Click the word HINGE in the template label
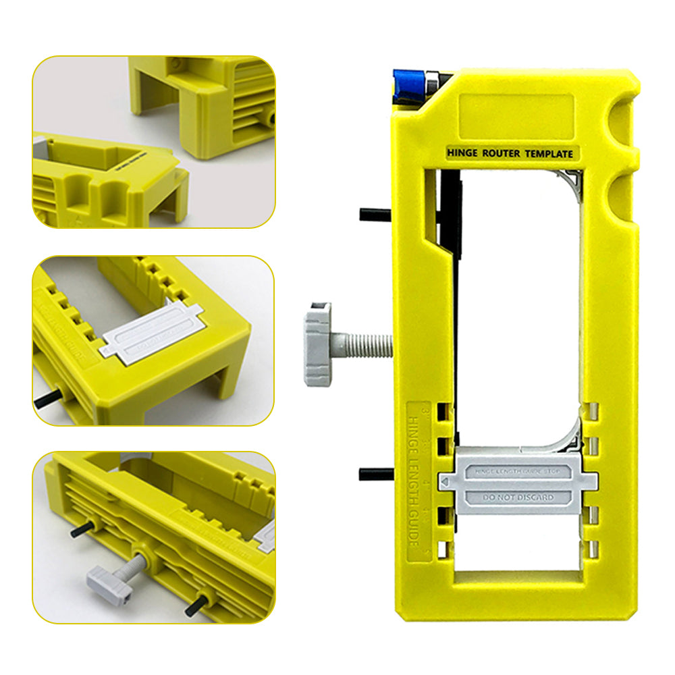tap(461, 154)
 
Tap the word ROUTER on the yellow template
tap(500, 154)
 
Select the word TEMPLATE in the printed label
tap(548, 154)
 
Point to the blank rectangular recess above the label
tap(516, 114)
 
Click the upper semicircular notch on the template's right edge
tap(624, 121)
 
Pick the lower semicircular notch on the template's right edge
tap(624, 195)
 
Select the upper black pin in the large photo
tap(375, 215)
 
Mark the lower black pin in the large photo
tap(375, 474)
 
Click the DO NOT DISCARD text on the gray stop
tap(518, 497)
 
